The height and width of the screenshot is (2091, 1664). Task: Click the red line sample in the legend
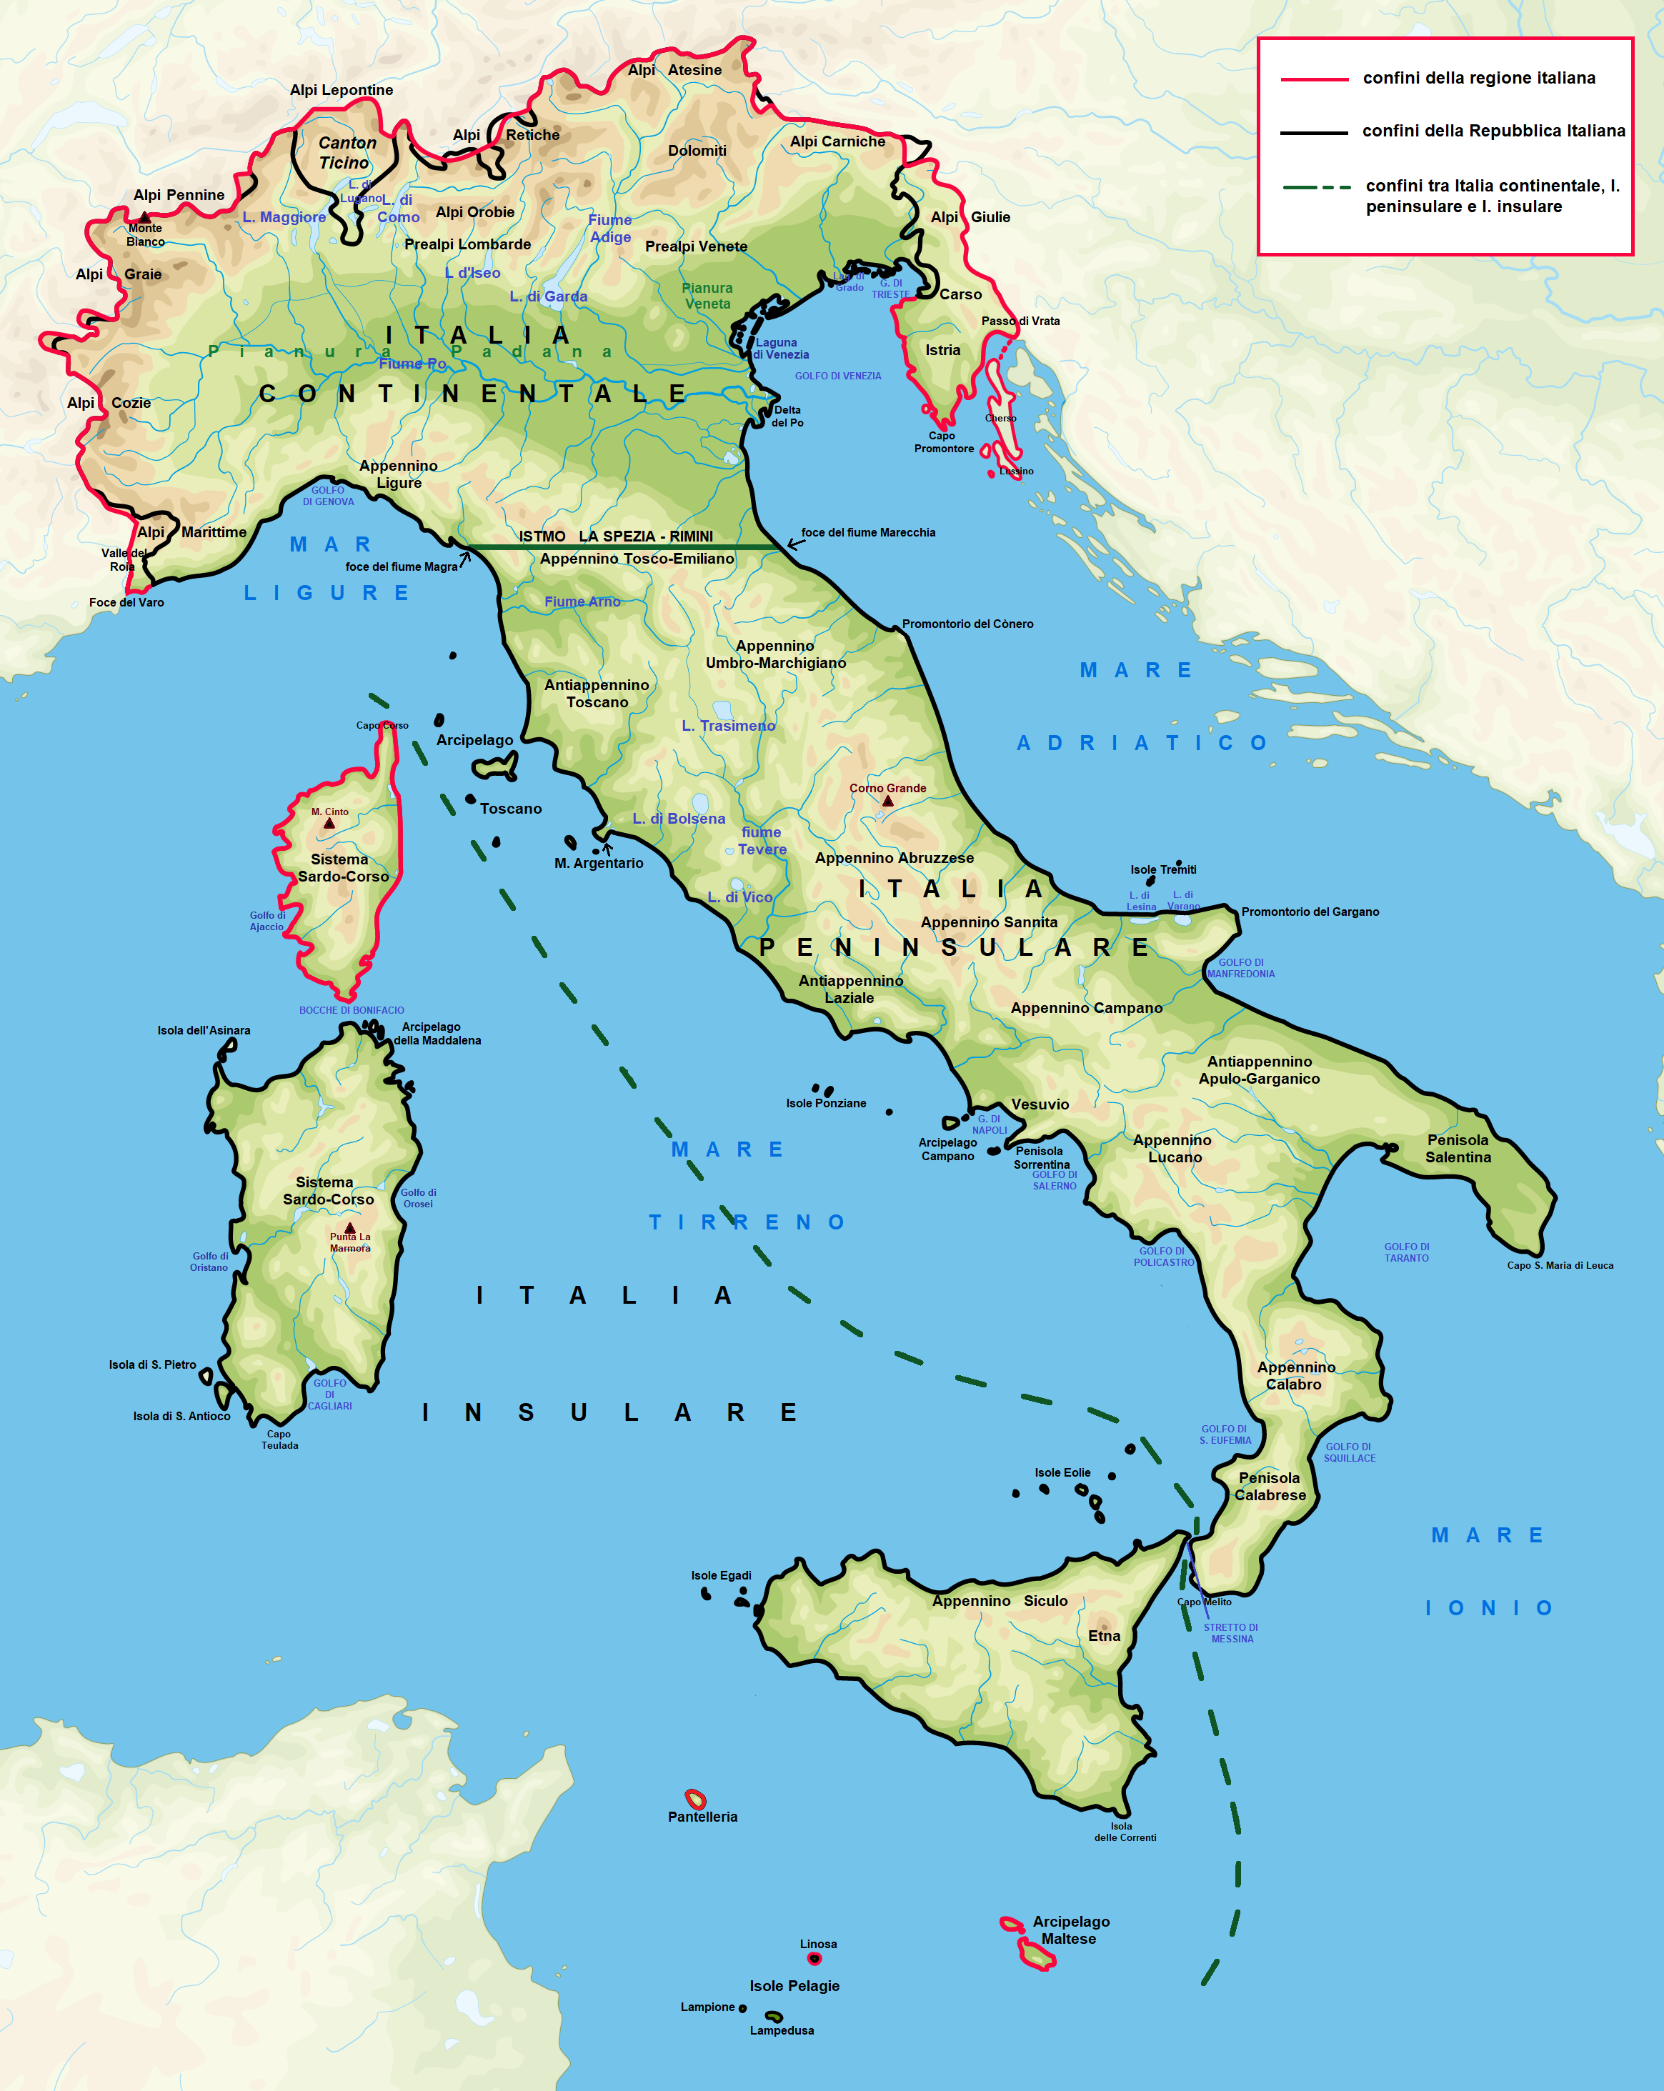(1314, 79)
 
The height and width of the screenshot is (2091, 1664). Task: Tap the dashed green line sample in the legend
(1316, 187)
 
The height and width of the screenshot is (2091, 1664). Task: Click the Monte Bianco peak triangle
(144, 217)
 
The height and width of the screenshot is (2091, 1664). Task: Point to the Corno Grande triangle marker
(887, 801)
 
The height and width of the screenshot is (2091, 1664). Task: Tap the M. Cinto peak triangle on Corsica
(329, 824)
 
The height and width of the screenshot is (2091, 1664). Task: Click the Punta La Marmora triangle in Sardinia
(350, 1228)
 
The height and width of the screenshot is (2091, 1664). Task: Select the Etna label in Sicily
(1104, 1635)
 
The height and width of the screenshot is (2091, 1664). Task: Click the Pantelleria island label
(702, 1817)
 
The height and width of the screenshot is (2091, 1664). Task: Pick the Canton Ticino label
(347, 152)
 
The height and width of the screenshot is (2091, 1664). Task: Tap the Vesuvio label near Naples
(1040, 1104)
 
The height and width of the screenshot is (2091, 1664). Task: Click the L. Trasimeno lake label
(728, 725)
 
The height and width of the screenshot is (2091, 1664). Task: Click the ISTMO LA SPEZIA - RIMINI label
(616, 537)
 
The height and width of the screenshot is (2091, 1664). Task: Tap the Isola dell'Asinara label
(204, 1030)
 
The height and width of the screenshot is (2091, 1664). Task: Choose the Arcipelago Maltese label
(1070, 1930)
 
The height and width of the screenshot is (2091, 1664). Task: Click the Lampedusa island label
(782, 2030)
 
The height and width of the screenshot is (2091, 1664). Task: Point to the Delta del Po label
(787, 416)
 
